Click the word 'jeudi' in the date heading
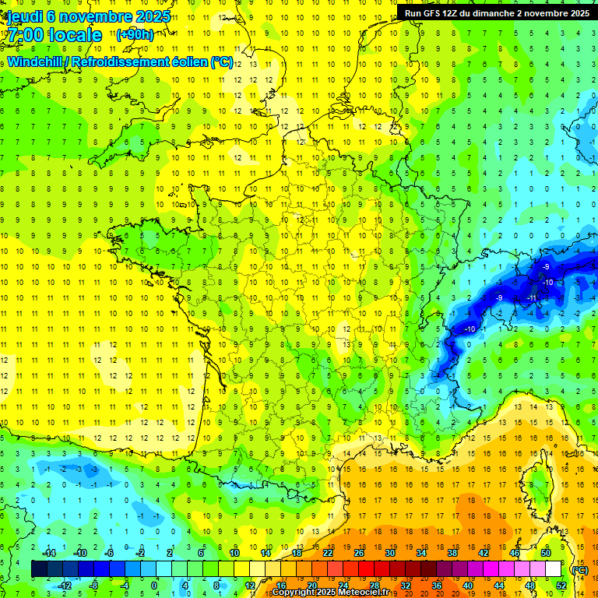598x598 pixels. pos(24,16)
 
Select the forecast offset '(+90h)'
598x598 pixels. pos(135,35)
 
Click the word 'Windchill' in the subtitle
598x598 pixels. pos(36,62)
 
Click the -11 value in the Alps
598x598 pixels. pos(533,297)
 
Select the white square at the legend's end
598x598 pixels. pos(553,569)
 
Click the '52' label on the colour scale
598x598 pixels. pos(561,586)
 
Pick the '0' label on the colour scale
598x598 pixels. pos(154,586)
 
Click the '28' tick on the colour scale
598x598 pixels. pos(374,586)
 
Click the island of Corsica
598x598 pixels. pos(538,483)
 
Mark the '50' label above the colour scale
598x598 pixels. pos(545,553)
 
